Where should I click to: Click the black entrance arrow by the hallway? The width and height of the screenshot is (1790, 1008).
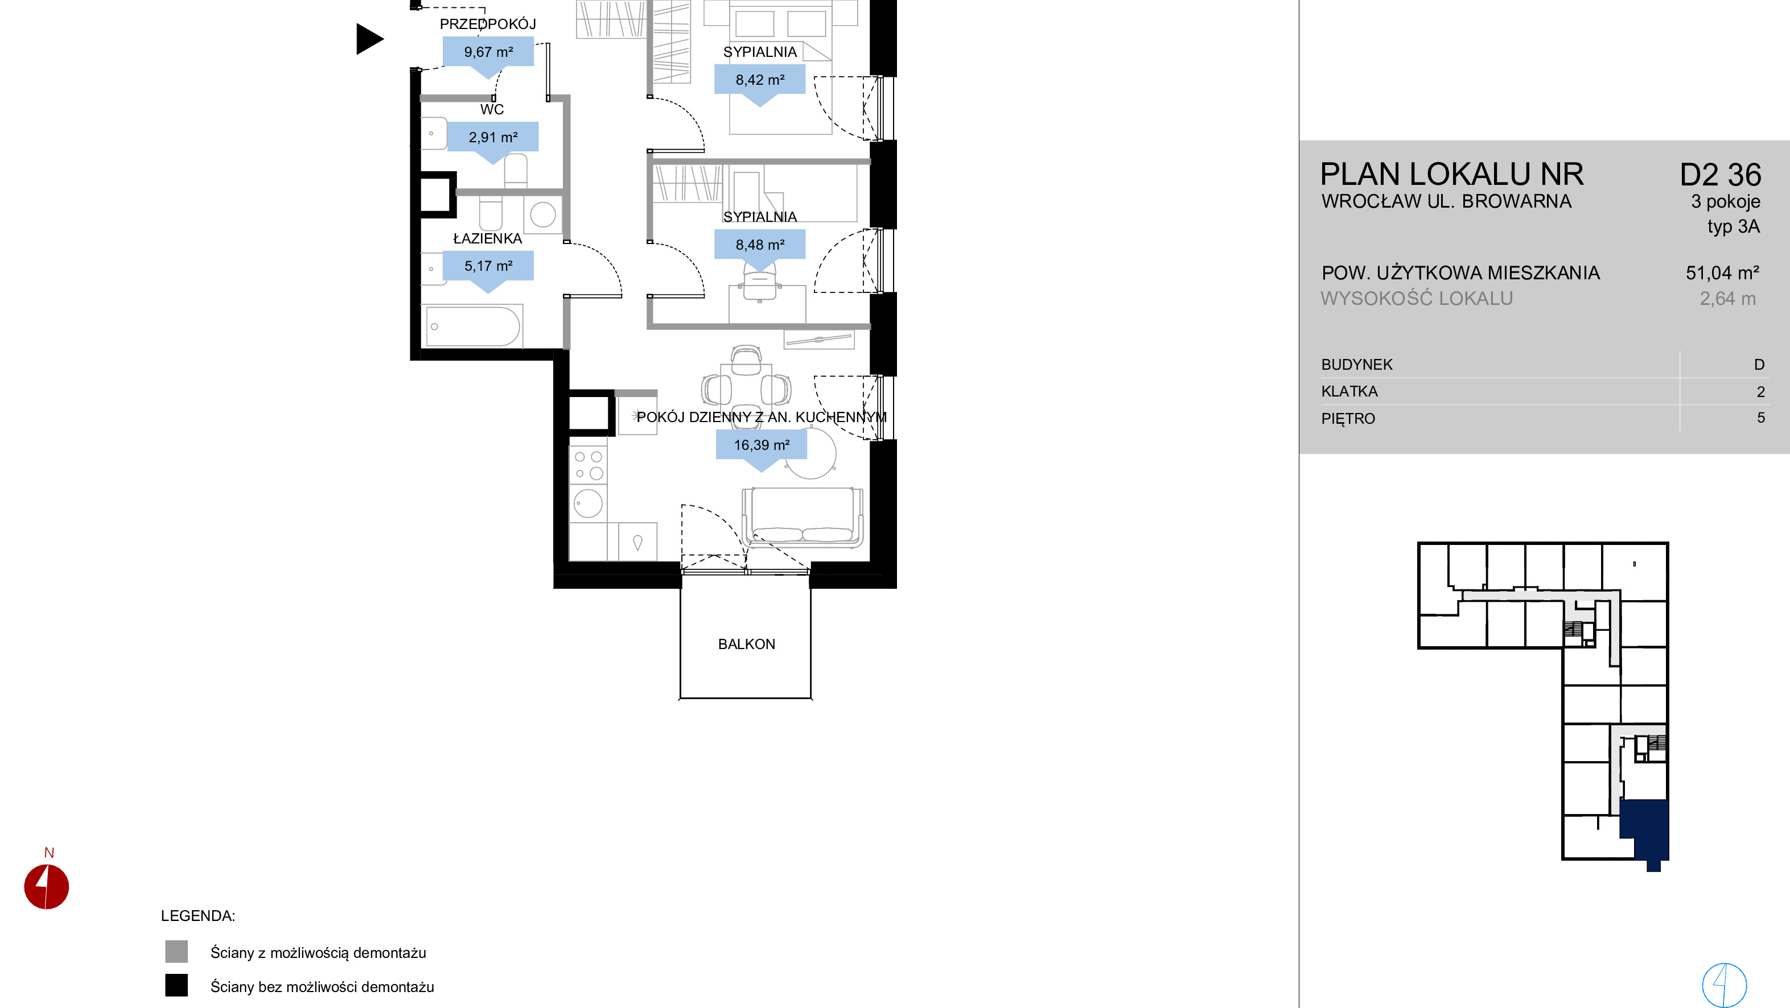click(x=369, y=39)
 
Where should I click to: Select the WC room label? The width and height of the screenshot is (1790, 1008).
click(x=492, y=109)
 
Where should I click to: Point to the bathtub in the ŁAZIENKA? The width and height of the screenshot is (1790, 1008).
click(x=472, y=326)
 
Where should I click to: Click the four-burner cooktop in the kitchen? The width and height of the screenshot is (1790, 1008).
click(x=588, y=465)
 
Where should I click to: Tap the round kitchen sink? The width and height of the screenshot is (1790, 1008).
click(x=589, y=503)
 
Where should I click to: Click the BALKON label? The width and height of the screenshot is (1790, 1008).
click(x=746, y=644)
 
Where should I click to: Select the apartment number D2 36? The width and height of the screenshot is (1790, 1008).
click(x=1720, y=175)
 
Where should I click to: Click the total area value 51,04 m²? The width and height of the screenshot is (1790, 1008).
click(x=1722, y=273)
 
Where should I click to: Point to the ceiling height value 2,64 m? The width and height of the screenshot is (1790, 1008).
click(x=1727, y=299)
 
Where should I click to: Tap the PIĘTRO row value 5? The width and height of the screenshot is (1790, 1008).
click(x=1760, y=418)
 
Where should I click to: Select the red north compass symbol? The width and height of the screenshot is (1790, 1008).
click(x=47, y=886)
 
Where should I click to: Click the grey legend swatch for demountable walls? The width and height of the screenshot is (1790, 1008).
click(x=176, y=952)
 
